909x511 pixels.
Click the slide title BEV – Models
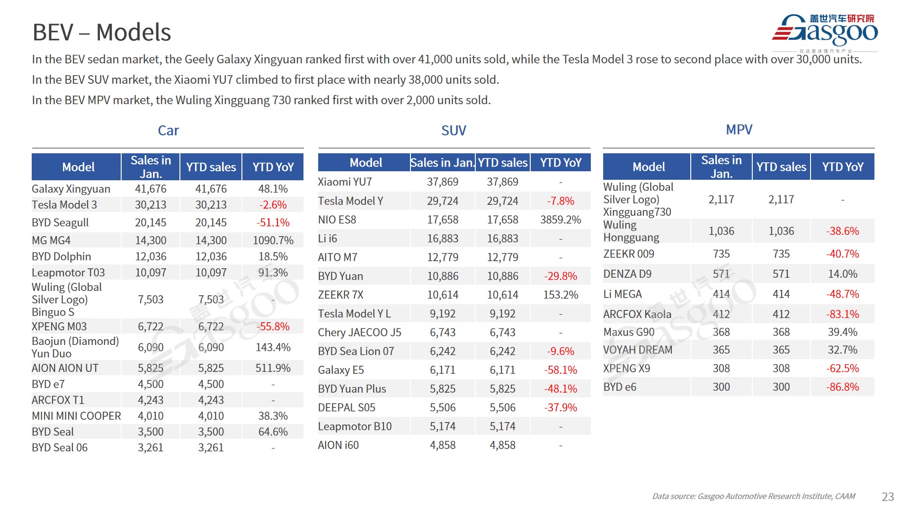click(x=101, y=32)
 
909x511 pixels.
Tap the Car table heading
click(x=168, y=131)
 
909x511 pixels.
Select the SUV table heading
click(x=454, y=131)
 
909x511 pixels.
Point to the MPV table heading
click(x=739, y=130)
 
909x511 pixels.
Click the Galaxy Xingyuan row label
click(x=71, y=189)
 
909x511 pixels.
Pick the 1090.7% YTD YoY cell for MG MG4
click(x=273, y=240)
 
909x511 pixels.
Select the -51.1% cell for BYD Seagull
click(x=273, y=222)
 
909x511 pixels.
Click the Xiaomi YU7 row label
click(x=345, y=182)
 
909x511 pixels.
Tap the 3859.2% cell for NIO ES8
click(x=561, y=220)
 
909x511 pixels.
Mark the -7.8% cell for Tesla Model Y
click(x=561, y=201)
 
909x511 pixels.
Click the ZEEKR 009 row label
click(x=628, y=254)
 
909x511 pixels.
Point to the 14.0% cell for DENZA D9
click(x=842, y=274)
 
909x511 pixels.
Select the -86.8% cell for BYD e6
click(x=842, y=387)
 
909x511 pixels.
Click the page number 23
click(x=888, y=496)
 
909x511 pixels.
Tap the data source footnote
click(x=753, y=496)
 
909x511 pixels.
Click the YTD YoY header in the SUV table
click(x=561, y=163)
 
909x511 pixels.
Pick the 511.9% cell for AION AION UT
click(x=273, y=368)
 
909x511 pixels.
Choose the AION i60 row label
click(x=338, y=445)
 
